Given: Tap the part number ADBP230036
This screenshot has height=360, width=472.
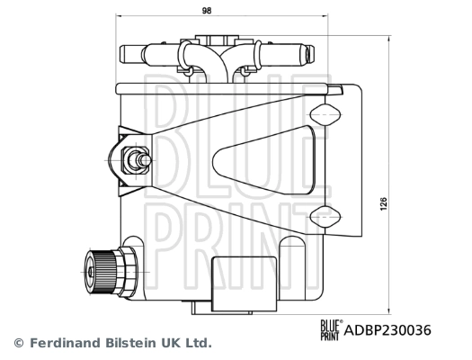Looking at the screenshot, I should tap(388, 330).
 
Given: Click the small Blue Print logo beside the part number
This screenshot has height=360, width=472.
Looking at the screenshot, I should tap(329, 330).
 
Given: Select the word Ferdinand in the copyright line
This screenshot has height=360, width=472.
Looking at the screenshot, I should tap(63, 343).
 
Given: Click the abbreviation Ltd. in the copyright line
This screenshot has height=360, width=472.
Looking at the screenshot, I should tap(196, 343).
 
